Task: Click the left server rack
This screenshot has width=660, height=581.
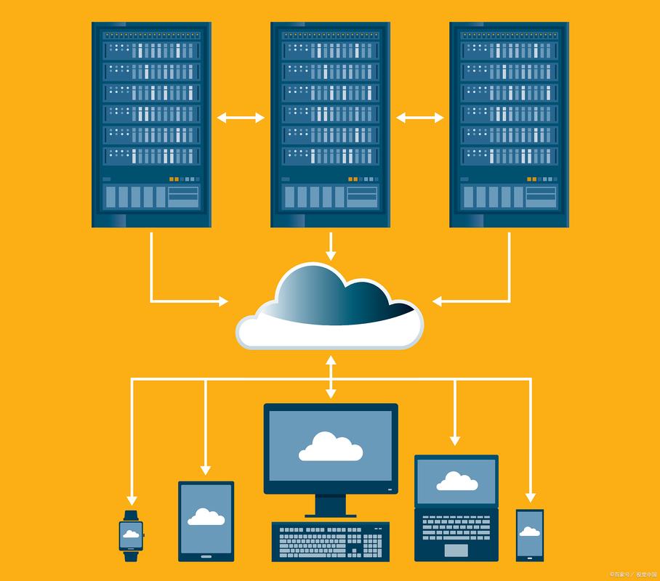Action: (151, 124)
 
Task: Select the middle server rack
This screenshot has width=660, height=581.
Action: (330, 124)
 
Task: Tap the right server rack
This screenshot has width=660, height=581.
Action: (509, 124)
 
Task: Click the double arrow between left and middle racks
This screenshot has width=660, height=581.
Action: (241, 118)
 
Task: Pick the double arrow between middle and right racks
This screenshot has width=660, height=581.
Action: (419, 118)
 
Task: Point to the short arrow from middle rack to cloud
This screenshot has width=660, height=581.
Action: (331, 247)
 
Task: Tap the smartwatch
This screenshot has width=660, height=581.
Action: (132, 536)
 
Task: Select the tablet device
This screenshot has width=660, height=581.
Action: (206, 521)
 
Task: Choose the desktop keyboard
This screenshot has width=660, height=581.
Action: (331, 541)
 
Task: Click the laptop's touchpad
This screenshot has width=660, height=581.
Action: (456, 550)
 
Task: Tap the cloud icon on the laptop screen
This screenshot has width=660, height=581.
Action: (456, 482)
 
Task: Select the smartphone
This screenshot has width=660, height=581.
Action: (530, 535)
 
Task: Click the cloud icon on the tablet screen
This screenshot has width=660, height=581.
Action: (206, 516)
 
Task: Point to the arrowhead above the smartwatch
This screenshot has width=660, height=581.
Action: (132, 500)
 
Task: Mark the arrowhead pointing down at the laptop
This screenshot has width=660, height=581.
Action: (455, 440)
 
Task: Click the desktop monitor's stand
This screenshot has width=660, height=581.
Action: (331, 505)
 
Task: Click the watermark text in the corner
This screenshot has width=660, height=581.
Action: (632, 574)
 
